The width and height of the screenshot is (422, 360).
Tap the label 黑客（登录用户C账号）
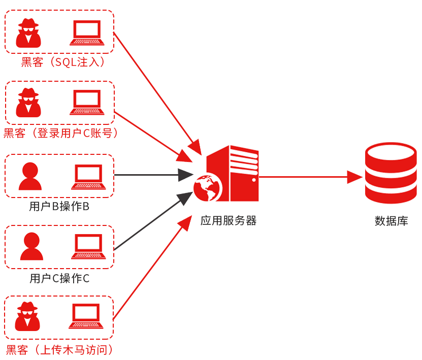(x=61, y=134)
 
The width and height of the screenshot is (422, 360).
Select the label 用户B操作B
(x=59, y=207)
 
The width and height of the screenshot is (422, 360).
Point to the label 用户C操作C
(x=59, y=278)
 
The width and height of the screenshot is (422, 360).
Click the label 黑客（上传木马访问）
(x=60, y=350)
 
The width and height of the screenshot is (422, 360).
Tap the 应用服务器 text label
(x=229, y=220)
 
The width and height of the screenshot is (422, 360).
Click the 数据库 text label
(x=391, y=221)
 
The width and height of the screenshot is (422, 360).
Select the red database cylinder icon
(x=391, y=173)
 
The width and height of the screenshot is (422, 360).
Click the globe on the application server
(x=208, y=188)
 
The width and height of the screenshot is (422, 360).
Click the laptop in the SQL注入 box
(x=87, y=33)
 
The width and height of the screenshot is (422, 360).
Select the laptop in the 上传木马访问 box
(x=86, y=317)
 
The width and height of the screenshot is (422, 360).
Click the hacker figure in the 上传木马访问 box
(x=28, y=316)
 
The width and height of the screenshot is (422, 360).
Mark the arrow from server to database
(x=310, y=177)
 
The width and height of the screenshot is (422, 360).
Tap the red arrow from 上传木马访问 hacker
(x=150, y=269)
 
